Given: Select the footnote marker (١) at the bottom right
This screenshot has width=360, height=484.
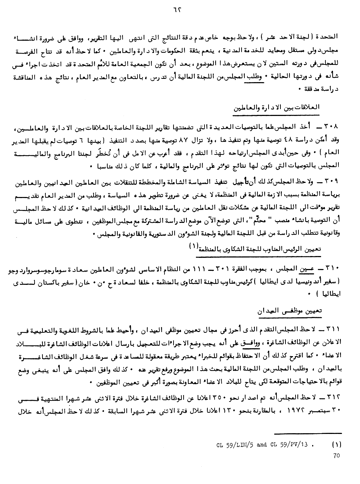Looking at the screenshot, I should pyautogui.click(x=335, y=444).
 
